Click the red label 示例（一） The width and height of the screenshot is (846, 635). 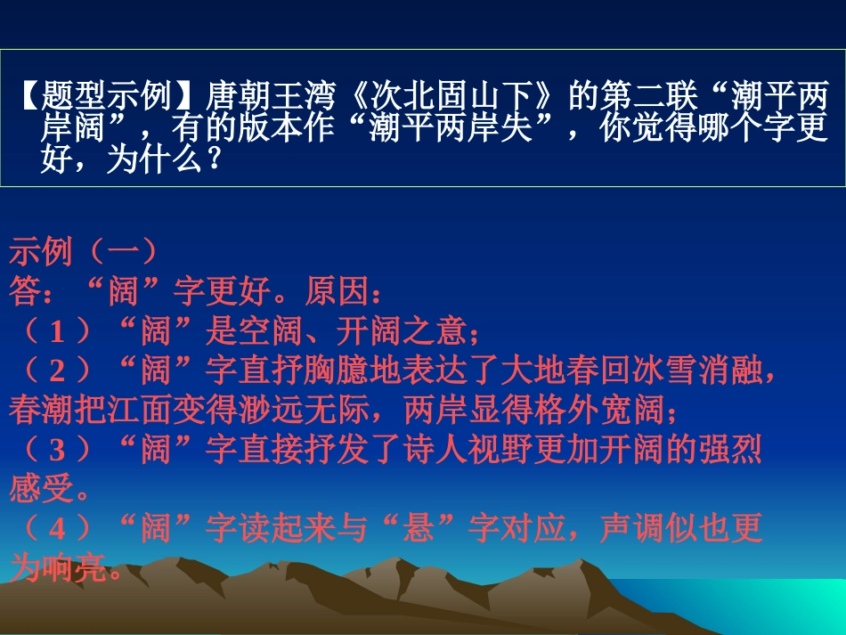(85, 252)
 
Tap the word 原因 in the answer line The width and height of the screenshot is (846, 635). (336, 291)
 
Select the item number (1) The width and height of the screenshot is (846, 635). (59, 331)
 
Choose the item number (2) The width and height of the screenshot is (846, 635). (59, 370)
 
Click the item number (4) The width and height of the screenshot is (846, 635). (59, 529)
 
